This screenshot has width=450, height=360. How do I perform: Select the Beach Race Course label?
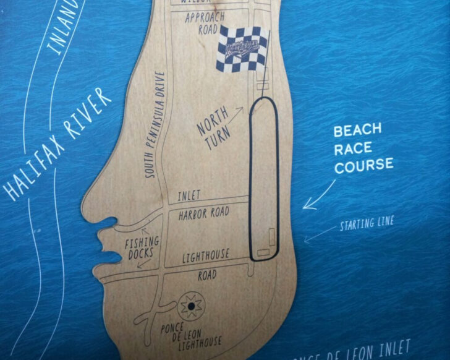click(x=363, y=148)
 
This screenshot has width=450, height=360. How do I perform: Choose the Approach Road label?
click(x=205, y=24)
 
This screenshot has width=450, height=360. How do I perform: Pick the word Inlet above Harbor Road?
click(x=189, y=195)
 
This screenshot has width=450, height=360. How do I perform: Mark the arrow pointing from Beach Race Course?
click(x=318, y=196)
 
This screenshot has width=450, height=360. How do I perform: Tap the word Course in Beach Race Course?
click(x=363, y=164)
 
